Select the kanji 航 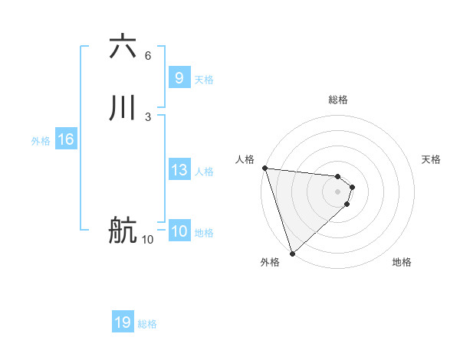pos(123,231)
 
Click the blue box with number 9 pos(179,78)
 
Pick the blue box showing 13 pos(179,170)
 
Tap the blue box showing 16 pos(65,139)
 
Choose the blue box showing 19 pos(123,322)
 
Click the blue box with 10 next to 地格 pos(179,231)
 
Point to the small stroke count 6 pos(148,55)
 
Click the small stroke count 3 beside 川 pos(148,116)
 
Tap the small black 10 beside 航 pos(147,240)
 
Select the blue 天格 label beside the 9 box pos(204,80)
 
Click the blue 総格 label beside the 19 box pos(147,324)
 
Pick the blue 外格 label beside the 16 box pos(41,141)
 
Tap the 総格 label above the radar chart pos(338,100)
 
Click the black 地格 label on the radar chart pos(402,262)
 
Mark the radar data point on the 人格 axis pos(264,168)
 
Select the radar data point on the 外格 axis pos(291,253)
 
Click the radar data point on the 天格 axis pos(353,186)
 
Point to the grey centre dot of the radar pos(338,191)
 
